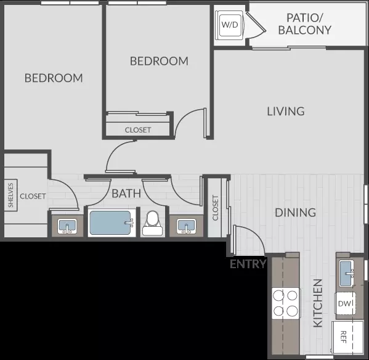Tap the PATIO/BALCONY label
coord(305,24)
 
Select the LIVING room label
coord(286,112)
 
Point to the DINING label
coord(295,213)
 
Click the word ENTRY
coord(248,264)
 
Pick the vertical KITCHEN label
coord(318,303)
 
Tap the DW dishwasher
coord(345,303)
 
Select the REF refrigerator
coord(347,337)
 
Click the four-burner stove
coord(286,303)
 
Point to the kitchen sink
coord(347,273)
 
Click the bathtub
coord(112,223)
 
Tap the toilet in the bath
coord(153,223)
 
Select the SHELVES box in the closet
coord(11,195)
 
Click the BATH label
coord(126,194)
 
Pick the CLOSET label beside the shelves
coord(33,197)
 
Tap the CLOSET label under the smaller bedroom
coord(138,130)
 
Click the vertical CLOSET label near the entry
coord(216,208)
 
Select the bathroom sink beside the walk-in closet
coord(67,226)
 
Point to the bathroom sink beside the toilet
coord(187,226)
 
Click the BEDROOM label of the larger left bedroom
coord(54,78)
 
